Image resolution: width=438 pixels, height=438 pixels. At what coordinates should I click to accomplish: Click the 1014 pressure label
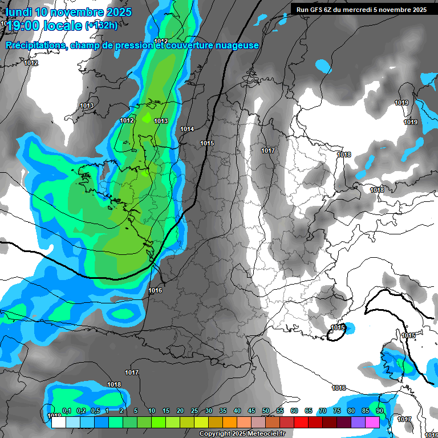(187, 129)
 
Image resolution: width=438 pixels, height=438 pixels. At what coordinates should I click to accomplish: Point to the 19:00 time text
(26, 26)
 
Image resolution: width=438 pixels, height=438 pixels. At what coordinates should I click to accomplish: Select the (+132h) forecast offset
(102, 26)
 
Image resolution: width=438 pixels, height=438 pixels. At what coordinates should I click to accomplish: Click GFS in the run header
(318, 10)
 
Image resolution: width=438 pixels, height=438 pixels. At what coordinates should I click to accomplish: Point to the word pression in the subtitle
(132, 46)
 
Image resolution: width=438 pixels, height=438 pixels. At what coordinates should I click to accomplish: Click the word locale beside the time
(66, 26)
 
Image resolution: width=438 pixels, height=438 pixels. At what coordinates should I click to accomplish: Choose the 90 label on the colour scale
(379, 411)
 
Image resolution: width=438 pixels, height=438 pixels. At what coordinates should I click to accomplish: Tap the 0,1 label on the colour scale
(66, 411)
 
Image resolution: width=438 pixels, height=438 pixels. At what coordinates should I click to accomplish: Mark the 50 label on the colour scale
(266, 411)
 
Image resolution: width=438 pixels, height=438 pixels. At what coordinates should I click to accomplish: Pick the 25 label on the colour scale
(194, 411)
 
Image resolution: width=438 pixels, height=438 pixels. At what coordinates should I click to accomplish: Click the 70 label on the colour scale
(323, 411)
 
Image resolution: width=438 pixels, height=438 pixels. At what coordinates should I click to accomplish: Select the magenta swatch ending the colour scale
(372, 423)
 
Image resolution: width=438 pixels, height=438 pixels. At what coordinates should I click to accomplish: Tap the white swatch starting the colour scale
(58, 423)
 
